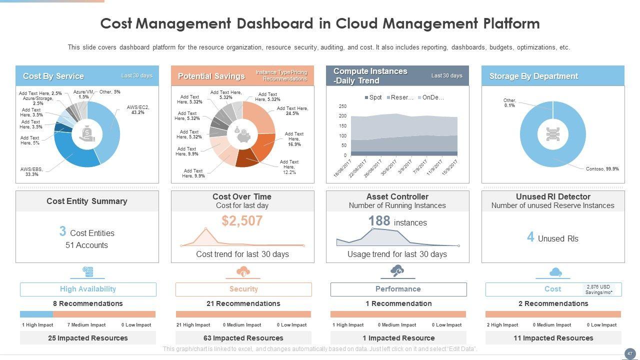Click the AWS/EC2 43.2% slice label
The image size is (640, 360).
(x=138, y=110)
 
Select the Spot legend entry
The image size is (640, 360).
(x=373, y=97)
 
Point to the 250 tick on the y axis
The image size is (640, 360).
(x=342, y=106)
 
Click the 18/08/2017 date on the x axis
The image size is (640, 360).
(x=343, y=168)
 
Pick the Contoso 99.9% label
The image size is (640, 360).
(x=602, y=169)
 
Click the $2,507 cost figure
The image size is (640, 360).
(x=242, y=221)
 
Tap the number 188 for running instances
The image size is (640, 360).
(x=379, y=221)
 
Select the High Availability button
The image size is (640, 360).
(x=88, y=289)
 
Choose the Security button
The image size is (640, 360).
(x=243, y=289)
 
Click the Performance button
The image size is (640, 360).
(x=398, y=289)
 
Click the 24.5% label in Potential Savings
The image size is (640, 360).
(x=292, y=111)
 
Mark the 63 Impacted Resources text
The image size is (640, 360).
(x=243, y=338)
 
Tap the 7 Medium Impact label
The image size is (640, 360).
(x=86, y=325)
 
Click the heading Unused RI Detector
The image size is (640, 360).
(x=552, y=197)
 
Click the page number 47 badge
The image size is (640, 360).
(x=629, y=354)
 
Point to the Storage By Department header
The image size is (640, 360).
(x=533, y=76)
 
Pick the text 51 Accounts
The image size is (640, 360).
(x=86, y=245)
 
